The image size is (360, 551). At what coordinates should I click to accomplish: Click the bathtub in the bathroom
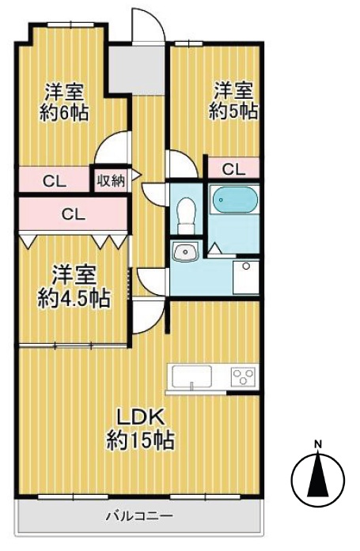[x=234, y=199]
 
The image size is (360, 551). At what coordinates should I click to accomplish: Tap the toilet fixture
[x=186, y=216]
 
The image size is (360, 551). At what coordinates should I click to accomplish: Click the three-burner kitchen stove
[x=243, y=377]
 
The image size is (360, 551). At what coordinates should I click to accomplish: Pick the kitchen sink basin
[x=191, y=377]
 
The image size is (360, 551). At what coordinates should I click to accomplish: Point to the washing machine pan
[x=246, y=277]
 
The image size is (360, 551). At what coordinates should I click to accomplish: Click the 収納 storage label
[x=111, y=181]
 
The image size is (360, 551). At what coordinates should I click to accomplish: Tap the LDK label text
[x=141, y=418]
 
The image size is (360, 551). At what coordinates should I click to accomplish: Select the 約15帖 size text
[x=140, y=440]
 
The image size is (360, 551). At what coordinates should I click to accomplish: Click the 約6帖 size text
[x=63, y=113]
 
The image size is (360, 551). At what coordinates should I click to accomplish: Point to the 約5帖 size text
[x=233, y=111]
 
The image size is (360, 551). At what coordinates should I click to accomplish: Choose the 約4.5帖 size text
[x=74, y=298]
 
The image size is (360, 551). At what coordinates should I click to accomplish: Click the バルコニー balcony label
[x=140, y=516]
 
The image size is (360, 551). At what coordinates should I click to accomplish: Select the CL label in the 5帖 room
[x=233, y=170]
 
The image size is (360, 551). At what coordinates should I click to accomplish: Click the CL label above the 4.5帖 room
[x=73, y=214]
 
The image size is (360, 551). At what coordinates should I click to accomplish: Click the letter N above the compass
[x=318, y=443]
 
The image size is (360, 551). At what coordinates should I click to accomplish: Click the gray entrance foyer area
[x=137, y=70]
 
